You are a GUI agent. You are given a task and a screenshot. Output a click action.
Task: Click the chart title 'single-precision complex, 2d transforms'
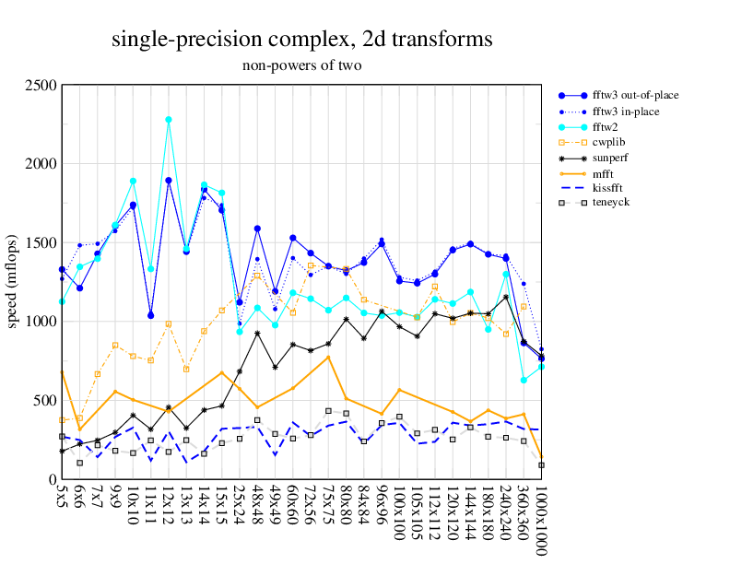302,39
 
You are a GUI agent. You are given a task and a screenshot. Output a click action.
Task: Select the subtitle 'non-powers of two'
301,65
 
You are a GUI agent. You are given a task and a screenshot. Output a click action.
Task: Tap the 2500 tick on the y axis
41,86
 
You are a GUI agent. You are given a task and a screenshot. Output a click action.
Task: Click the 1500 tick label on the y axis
41,243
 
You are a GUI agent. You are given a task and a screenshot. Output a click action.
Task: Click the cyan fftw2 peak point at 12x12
168,120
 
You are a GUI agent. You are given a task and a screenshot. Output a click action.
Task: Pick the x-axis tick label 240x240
506,510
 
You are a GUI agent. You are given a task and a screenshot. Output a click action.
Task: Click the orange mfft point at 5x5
62,370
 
